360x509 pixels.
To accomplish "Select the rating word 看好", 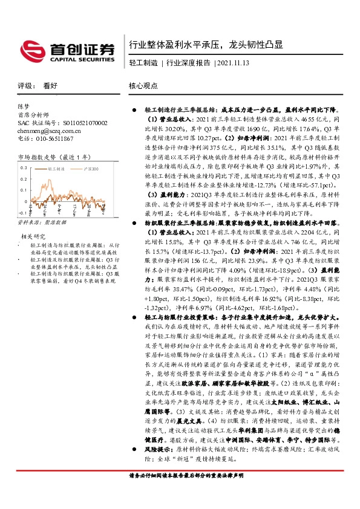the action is pyautogui.click(x=50, y=86).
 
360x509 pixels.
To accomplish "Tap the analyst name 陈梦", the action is pyautogui.click(x=23, y=105).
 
